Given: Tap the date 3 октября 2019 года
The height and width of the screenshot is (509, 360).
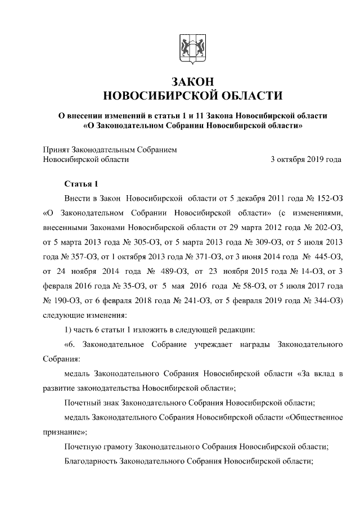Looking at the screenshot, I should tap(305, 160).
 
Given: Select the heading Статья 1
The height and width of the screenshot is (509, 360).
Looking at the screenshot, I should tap(82, 184).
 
